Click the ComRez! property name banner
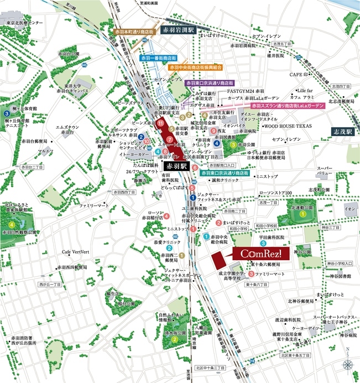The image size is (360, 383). (x=260, y=253)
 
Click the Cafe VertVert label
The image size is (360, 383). (x=76, y=251)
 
